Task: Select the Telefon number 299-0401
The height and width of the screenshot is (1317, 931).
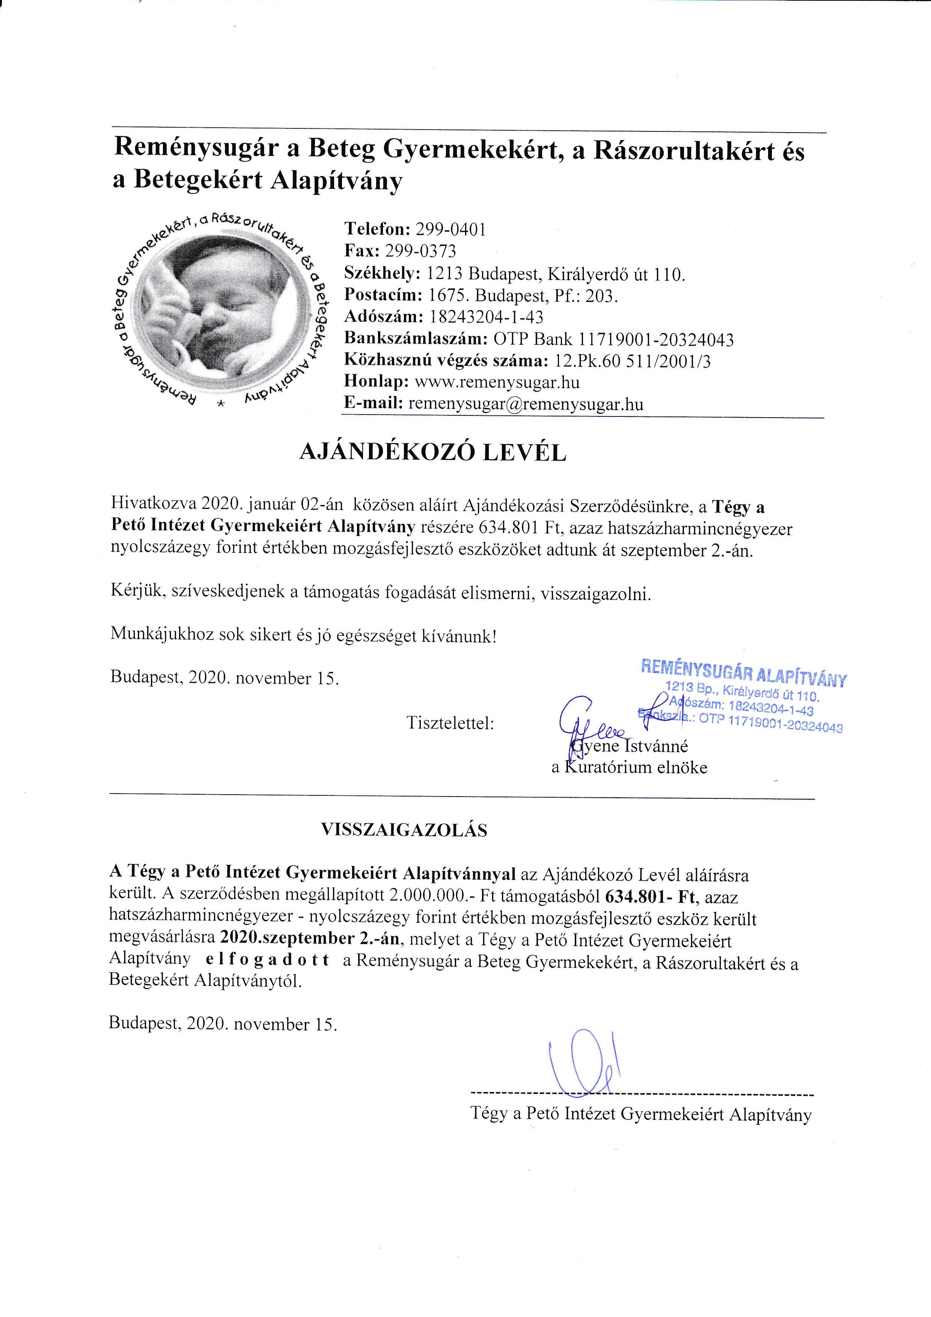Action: point(450,230)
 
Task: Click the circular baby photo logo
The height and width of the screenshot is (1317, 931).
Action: point(218,310)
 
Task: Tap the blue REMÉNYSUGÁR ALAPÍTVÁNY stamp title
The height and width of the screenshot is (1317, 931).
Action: point(743,673)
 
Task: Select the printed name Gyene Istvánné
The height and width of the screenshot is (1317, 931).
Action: point(631,746)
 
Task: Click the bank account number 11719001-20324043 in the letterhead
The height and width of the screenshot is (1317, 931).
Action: point(657,339)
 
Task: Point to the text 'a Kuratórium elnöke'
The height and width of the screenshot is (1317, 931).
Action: point(629,768)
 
